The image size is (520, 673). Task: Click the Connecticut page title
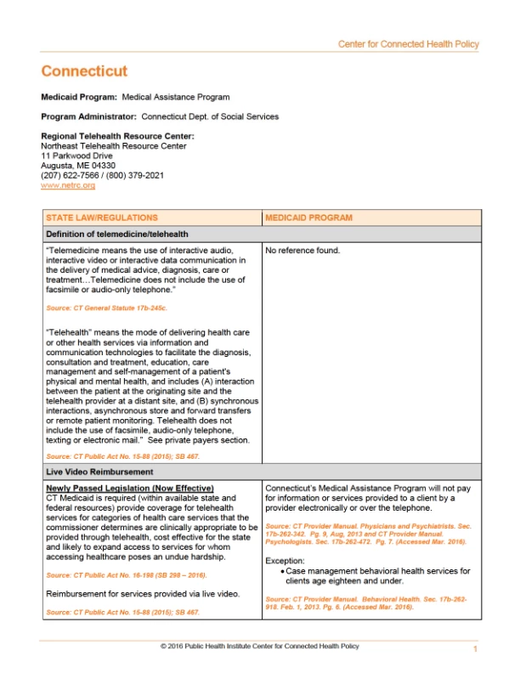click(x=84, y=71)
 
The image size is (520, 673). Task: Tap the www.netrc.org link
click(x=68, y=184)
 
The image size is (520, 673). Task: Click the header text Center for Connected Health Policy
click(x=408, y=44)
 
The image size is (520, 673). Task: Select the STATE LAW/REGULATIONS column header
click(x=101, y=218)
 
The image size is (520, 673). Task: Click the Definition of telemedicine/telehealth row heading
click(x=116, y=234)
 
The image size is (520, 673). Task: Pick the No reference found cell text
click(x=302, y=251)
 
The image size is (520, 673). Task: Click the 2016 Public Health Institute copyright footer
click(x=259, y=647)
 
